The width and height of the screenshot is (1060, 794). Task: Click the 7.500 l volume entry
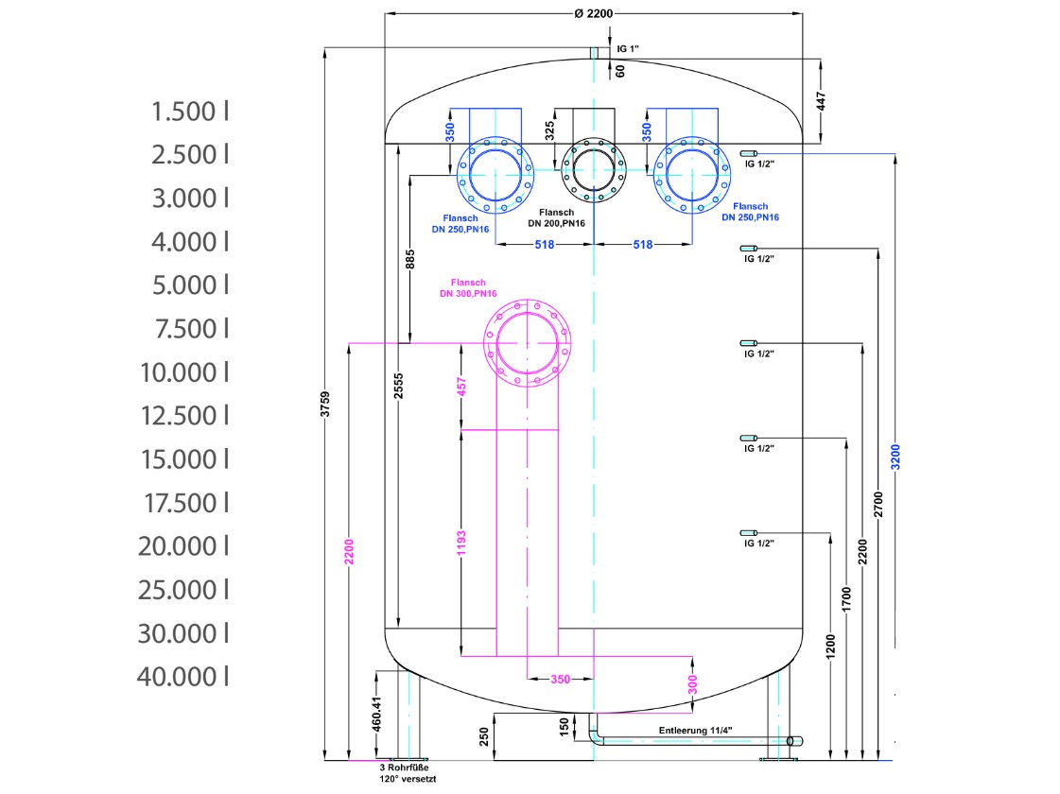pyautogui.click(x=192, y=329)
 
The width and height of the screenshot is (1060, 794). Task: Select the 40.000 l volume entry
pyautogui.click(x=183, y=677)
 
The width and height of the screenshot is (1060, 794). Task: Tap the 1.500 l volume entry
pyautogui.click(x=189, y=112)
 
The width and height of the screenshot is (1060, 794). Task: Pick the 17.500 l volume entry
pyautogui.click(x=186, y=503)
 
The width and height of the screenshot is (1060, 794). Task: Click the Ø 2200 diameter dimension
pyautogui.click(x=594, y=13)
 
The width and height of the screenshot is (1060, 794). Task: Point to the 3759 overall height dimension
pyautogui.click(x=325, y=405)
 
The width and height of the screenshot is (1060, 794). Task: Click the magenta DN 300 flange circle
pyautogui.click(x=528, y=343)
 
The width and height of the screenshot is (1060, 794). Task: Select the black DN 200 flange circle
pyautogui.click(x=594, y=169)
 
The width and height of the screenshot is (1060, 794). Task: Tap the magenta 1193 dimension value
pyautogui.click(x=461, y=544)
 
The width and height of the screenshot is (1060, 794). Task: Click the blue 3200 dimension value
pyautogui.click(x=895, y=457)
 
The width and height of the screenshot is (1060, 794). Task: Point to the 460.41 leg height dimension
pyautogui.click(x=377, y=715)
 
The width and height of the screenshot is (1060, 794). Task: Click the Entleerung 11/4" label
pyautogui.click(x=696, y=731)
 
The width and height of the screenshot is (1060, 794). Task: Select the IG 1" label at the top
pyautogui.click(x=628, y=48)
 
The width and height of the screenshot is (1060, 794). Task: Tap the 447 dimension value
pyautogui.click(x=822, y=101)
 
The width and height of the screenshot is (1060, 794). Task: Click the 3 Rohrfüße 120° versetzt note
pyautogui.click(x=408, y=773)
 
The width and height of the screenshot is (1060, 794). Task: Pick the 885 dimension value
pyautogui.click(x=410, y=260)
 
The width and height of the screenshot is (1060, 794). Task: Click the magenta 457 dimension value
pyautogui.click(x=461, y=387)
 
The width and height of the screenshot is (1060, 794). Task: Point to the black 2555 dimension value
pyautogui.click(x=399, y=386)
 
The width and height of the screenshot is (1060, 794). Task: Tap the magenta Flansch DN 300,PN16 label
pyautogui.click(x=468, y=288)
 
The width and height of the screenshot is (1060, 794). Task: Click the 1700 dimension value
pyautogui.click(x=847, y=600)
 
